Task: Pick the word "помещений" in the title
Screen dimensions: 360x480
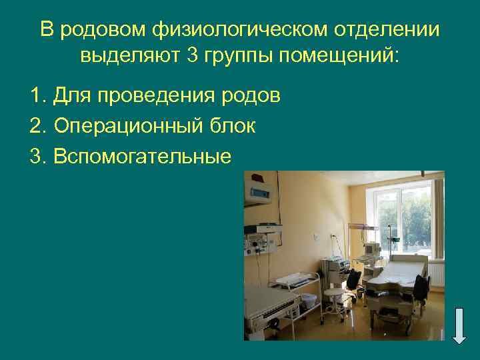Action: pyautogui.click(x=338, y=55)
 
